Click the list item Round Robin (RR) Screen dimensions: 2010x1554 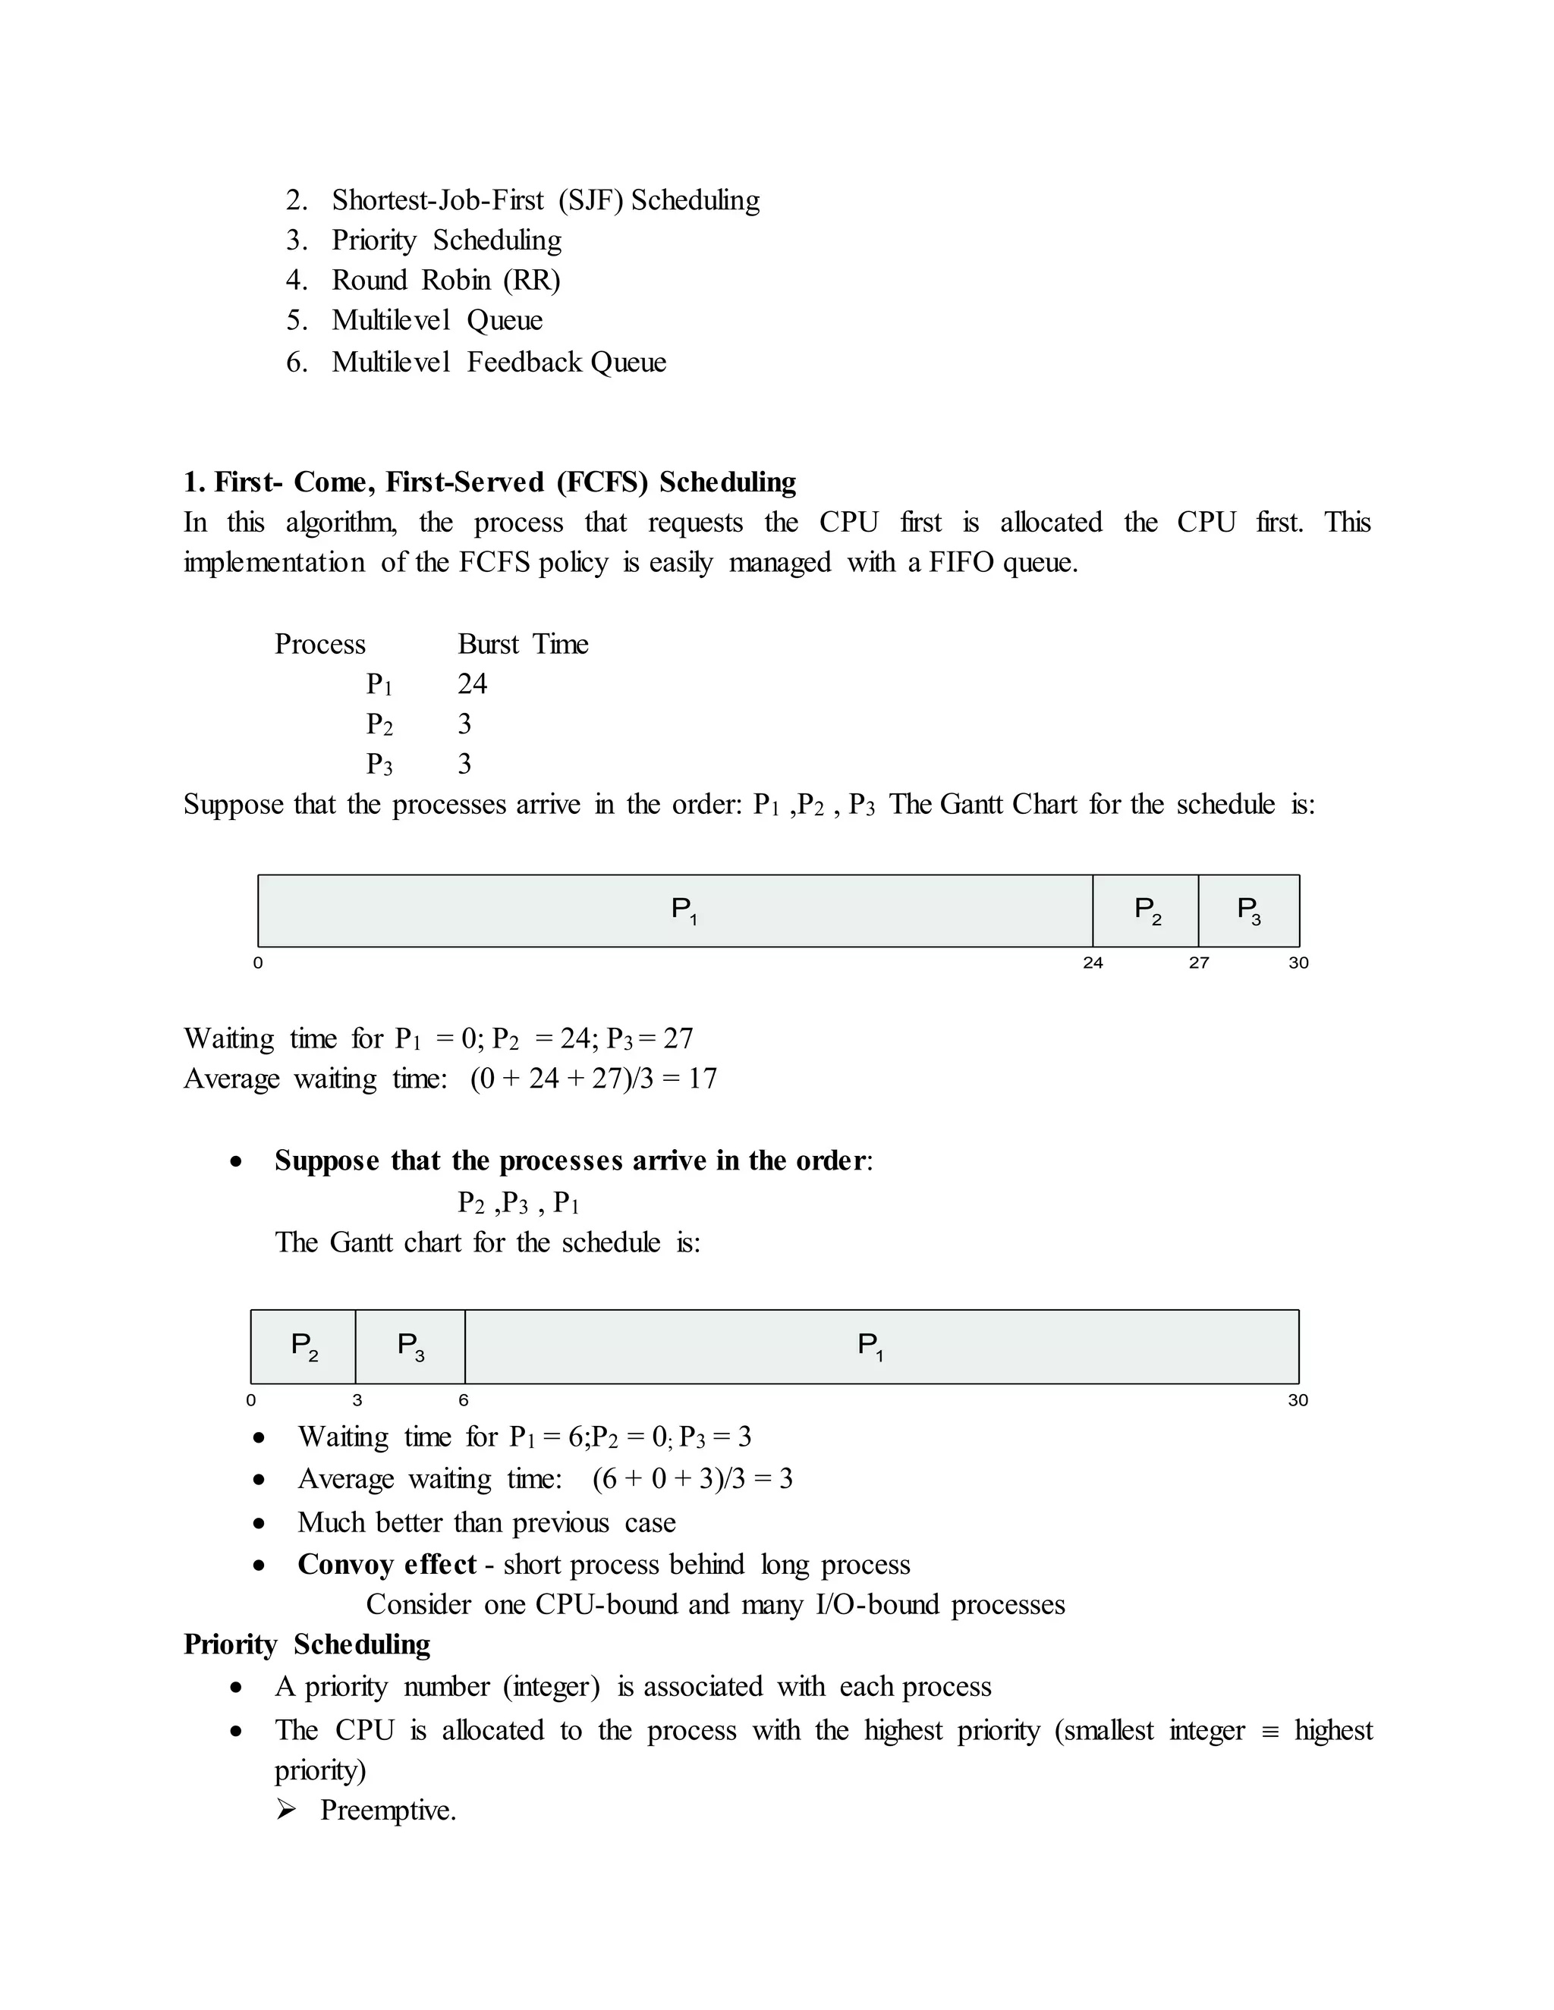[x=445, y=280]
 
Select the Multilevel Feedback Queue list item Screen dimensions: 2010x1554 [x=498, y=362]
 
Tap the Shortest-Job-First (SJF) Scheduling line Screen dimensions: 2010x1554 [x=545, y=199]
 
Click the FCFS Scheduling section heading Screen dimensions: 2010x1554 [x=489, y=482]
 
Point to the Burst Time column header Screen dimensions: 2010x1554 [x=523, y=644]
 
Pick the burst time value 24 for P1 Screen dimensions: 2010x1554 [x=472, y=684]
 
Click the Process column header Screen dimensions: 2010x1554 [x=319, y=644]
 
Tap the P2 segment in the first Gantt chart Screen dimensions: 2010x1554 [x=1147, y=910]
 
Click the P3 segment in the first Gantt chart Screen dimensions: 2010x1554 [x=1248, y=910]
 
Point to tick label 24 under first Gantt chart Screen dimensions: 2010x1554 [x=1093, y=963]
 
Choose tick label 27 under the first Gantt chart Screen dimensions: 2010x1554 [x=1199, y=963]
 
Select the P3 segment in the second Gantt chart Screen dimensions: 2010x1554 [x=411, y=1346]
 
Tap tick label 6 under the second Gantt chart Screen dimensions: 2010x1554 [x=464, y=1400]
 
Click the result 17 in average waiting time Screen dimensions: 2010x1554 [x=703, y=1079]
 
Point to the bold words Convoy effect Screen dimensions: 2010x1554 [x=387, y=1565]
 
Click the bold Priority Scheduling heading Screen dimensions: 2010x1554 [x=307, y=1644]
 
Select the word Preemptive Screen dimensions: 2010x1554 [x=388, y=1811]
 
